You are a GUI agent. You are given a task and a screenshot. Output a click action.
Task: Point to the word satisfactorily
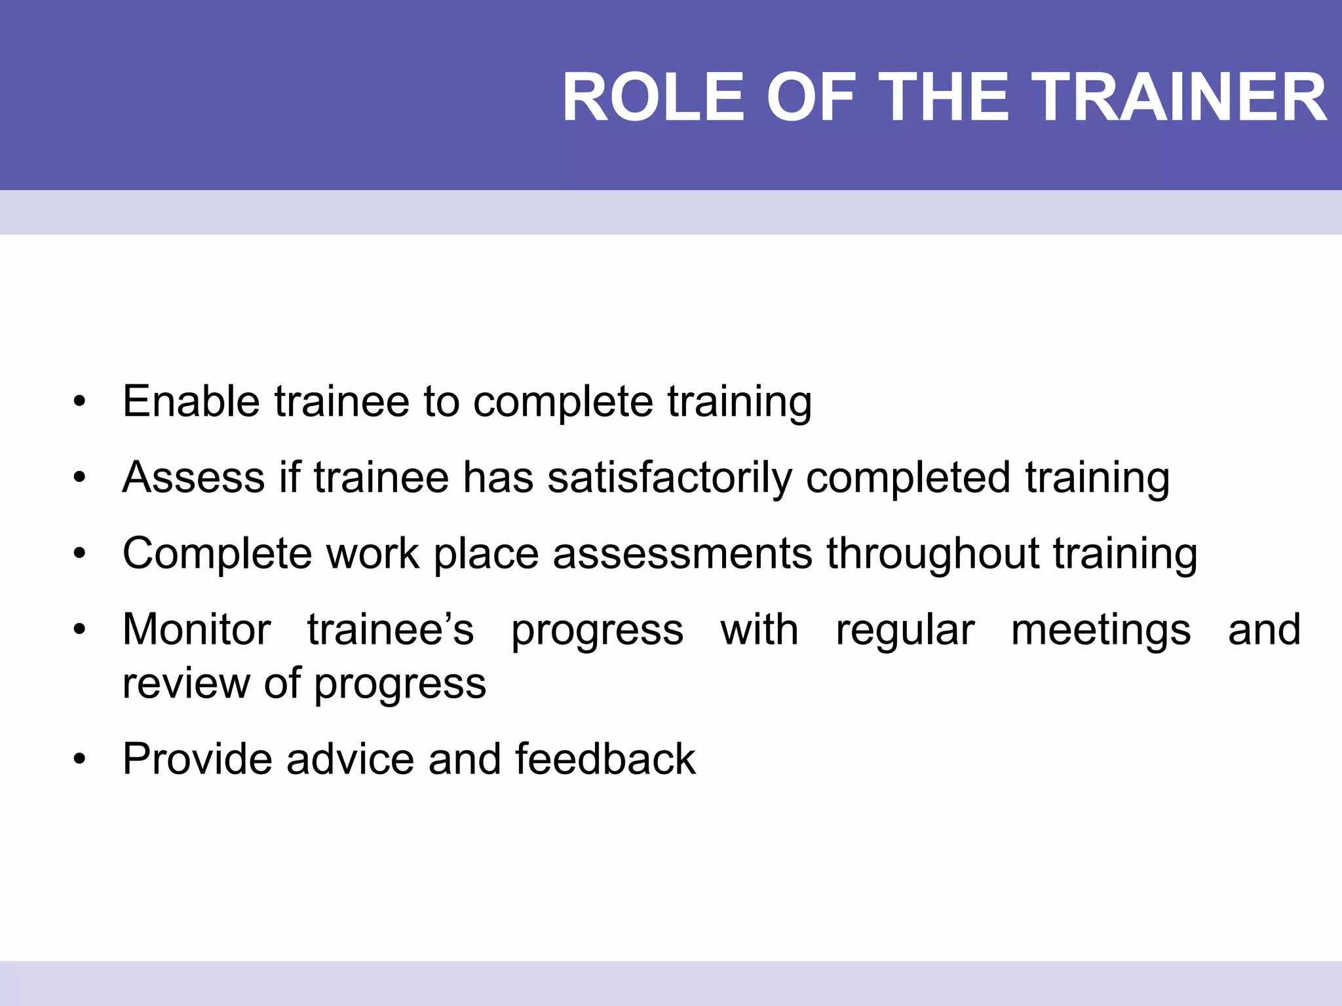coord(670,478)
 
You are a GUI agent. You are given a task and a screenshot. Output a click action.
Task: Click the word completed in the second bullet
coord(908,478)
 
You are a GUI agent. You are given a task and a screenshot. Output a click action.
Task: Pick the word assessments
coord(682,553)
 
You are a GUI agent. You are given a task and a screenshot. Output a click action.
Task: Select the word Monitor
coord(197,629)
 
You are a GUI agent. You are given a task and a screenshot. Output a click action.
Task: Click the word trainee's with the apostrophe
coord(391,629)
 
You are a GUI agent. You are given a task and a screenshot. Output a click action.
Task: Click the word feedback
coord(605,759)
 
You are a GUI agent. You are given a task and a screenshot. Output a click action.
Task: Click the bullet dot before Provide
coord(80,760)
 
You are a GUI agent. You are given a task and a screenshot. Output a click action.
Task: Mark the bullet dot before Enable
coord(80,402)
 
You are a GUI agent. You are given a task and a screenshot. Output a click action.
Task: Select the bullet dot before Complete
coord(80,554)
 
